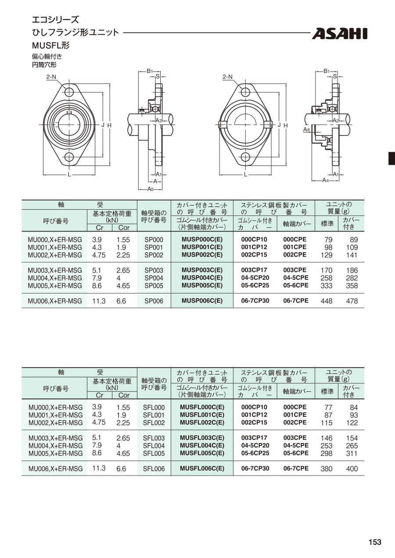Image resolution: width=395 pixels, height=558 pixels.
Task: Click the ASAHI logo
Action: pos(340,34)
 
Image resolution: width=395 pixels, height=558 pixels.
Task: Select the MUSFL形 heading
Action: pos(51,45)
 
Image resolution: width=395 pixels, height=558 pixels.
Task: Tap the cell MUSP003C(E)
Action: pos(202,270)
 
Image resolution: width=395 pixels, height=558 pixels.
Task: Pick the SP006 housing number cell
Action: pos(154,301)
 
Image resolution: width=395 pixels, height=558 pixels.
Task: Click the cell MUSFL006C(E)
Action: pos(202,469)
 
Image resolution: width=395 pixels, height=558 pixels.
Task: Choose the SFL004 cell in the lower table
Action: pos(154,446)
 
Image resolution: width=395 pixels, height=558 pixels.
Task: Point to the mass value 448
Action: pos(327,301)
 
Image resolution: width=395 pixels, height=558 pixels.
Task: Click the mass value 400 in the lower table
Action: pos(352,469)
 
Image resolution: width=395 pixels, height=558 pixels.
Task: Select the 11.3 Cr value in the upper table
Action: pos(99,301)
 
